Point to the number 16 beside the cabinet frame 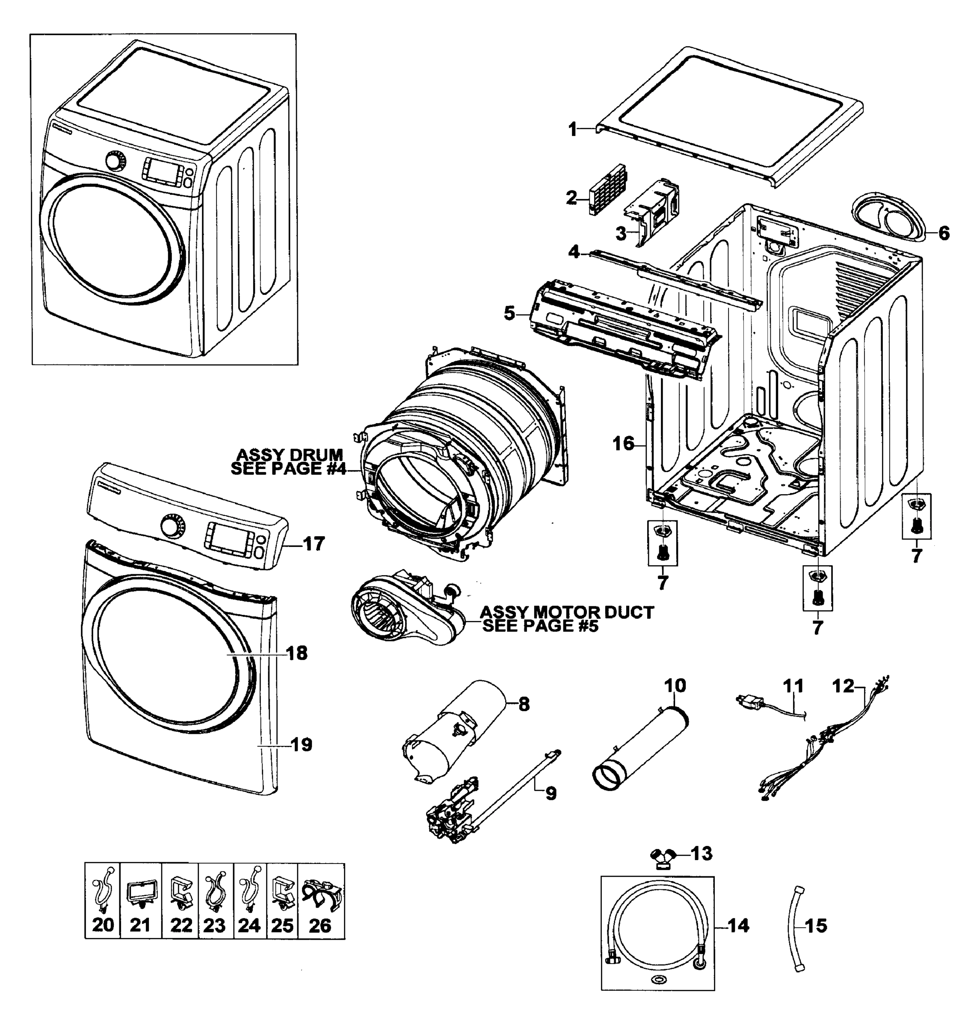click(623, 443)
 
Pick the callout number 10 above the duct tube click(675, 685)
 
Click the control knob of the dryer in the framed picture click(115, 160)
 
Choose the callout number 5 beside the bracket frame click(509, 313)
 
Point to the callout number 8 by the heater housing click(524, 704)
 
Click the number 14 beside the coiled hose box click(739, 925)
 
